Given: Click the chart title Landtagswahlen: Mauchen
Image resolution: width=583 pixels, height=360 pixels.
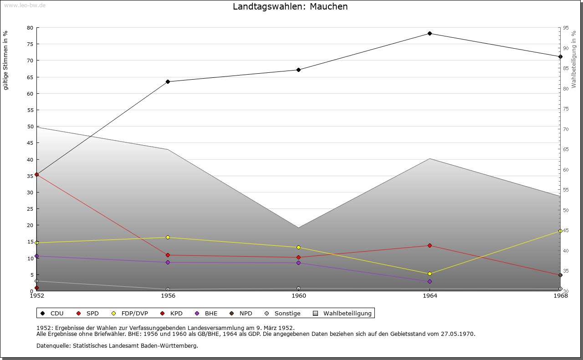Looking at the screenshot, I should pos(290,6).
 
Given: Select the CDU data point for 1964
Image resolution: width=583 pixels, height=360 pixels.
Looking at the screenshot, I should pos(430,33).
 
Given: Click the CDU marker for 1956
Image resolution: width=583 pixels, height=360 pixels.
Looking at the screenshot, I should pos(168,82).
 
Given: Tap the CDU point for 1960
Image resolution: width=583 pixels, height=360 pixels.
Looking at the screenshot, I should pos(299,70).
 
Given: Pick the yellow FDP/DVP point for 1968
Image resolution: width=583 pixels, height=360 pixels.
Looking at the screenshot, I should pos(560,231).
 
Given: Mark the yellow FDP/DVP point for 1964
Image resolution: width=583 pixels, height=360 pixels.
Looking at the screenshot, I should pos(430,274).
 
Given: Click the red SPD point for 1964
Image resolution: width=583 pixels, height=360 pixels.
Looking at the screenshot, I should pos(430,246).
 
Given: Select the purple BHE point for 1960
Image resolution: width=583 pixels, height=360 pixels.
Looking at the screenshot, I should pos(299,263).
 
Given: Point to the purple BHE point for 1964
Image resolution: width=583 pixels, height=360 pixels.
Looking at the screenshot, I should pos(430,281).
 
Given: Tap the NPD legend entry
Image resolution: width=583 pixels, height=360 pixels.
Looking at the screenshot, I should pos(241,314).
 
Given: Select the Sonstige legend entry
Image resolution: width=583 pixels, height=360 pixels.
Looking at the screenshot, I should pos(282,314).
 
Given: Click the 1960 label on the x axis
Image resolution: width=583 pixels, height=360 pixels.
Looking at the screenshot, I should pos(299,296).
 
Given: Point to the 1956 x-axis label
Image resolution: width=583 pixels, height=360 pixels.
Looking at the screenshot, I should pos(168,296).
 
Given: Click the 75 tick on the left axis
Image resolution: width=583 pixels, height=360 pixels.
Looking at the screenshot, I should pos(30,44).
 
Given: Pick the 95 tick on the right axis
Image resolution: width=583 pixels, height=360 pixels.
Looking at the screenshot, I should pos(566,28).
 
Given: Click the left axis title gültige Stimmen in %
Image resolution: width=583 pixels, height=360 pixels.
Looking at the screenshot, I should pos(6,60).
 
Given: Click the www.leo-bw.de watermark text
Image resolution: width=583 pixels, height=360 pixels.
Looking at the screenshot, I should pos(24,5).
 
